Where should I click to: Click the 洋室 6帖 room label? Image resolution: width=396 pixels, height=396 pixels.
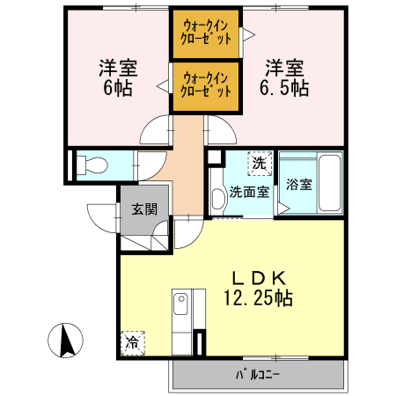pos(111,77)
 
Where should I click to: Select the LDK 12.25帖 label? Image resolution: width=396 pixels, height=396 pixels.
pos(257,288)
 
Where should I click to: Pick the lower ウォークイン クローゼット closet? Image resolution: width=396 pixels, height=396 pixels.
pos(206,84)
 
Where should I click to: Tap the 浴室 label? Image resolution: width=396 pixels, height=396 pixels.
pos(298,185)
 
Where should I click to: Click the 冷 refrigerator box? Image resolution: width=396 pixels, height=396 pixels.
pos(132,341)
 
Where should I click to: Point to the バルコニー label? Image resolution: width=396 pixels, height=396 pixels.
pos(257,374)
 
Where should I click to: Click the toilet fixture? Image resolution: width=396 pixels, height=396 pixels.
pos(90,164)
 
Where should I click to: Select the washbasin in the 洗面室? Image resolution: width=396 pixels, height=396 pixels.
pos(216,194)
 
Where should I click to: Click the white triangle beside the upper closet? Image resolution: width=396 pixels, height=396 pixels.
pos(249,35)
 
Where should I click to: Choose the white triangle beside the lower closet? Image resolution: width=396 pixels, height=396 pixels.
pos(163,87)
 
